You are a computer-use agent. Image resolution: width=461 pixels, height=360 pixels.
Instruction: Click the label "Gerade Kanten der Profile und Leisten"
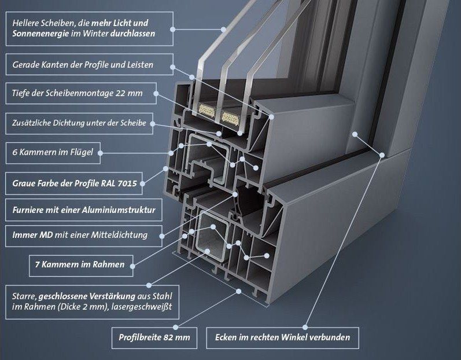click(x=83, y=65)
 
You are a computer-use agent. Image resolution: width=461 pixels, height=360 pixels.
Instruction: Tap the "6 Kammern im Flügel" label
click(x=51, y=153)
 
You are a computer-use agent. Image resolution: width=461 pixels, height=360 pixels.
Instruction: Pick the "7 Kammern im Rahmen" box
click(x=80, y=265)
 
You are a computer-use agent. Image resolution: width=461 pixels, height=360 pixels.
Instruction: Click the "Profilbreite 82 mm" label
click(x=152, y=336)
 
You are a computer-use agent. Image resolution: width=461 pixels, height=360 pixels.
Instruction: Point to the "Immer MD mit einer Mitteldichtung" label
click(x=80, y=234)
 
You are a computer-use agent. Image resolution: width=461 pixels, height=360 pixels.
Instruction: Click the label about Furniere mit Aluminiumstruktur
click(x=83, y=208)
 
